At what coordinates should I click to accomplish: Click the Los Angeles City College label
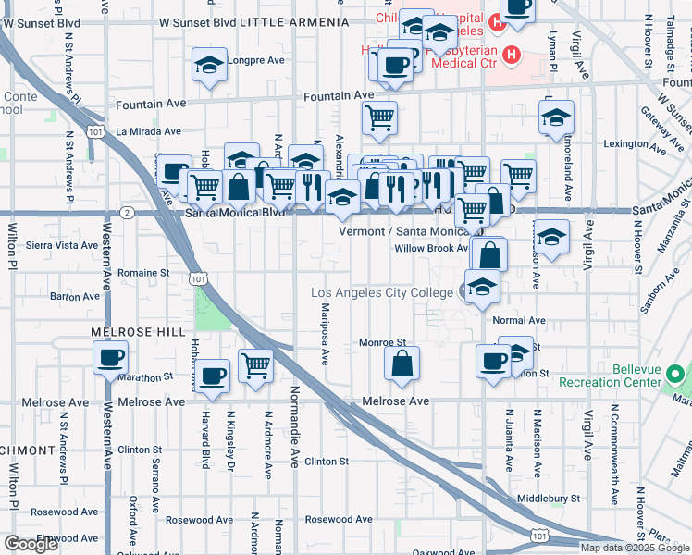tap(383, 293)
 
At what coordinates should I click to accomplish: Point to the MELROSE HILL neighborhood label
tap(124, 330)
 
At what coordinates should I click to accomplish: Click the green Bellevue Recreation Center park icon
tap(676, 376)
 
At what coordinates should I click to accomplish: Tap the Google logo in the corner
tap(31, 544)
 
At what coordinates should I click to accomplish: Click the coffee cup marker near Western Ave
tap(110, 358)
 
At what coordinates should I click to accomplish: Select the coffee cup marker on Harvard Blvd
tap(213, 376)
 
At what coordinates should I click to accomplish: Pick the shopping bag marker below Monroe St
tap(402, 364)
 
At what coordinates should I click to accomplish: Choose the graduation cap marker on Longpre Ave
tap(210, 66)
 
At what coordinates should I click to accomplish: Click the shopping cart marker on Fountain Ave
tap(379, 118)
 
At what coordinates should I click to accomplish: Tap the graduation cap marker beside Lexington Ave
tap(556, 117)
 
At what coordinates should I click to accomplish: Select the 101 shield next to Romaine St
tap(197, 277)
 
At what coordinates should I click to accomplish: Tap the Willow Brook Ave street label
tap(431, 249)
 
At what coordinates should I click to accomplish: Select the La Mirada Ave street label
tap(146, 132)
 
